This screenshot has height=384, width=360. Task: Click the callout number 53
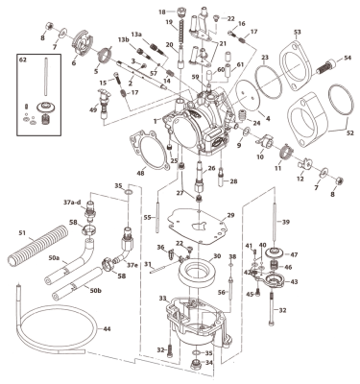point(297,33)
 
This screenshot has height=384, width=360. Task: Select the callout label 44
point(107,329)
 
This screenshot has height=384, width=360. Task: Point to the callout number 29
point(230,217)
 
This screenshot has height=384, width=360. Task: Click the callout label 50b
point(94,289)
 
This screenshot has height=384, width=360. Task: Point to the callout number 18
point(162,12)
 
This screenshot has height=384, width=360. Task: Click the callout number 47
point(294,254)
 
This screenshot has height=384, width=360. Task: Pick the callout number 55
point(148,218)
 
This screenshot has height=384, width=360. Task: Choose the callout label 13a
point(136,33)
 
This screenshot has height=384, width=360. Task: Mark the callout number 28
point(234,181)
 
